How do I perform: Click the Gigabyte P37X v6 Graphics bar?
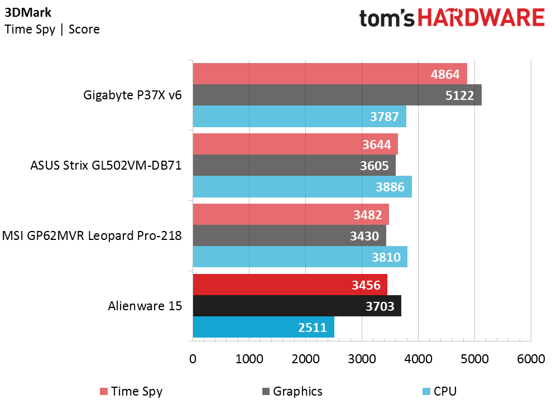(337, 95)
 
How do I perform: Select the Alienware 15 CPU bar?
(263, 327)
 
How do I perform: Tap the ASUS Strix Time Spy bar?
(295, 144)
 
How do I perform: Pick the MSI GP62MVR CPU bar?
(300, 257)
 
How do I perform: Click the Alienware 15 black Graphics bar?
(297, 306)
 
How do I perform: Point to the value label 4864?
(445, 74)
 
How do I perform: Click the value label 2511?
(312, 328)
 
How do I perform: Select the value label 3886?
(390, 187)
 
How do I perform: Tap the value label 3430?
(364, 236)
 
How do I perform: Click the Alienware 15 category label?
(145, 306)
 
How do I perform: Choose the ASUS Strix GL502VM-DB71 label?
(105, 165)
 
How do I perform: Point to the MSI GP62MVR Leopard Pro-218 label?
(92, 235)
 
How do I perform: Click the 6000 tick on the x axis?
(531, 359)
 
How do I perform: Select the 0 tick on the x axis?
(193, 359)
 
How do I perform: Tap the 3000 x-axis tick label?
(362, 359)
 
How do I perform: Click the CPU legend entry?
(439, 392)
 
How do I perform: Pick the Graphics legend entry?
(292, 392)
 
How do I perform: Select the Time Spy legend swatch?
(103, 392)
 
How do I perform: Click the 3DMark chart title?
(28, 13)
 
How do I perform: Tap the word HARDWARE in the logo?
(481, 18)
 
